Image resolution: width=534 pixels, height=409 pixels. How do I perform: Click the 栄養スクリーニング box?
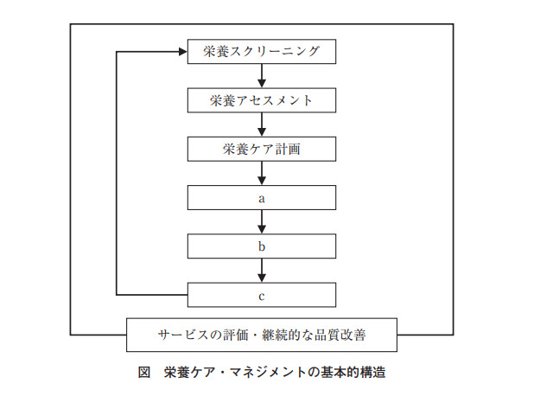(262, 51)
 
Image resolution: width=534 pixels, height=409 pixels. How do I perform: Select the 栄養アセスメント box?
(262, 100)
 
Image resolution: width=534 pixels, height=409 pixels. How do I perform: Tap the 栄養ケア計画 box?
(262, 149)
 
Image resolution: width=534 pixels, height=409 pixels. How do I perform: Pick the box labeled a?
(262, 198)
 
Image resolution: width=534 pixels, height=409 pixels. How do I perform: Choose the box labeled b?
(262, 246)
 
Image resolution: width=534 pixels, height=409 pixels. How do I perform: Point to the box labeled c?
(262, 296)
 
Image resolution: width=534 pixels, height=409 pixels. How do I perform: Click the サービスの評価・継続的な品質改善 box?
(262, 334)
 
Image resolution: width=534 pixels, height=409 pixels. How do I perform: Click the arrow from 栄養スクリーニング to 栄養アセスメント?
(262, 76)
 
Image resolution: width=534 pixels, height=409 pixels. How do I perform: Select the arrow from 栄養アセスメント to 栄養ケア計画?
(262, 125)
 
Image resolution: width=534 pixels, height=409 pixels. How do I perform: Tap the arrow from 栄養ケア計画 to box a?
(262, 174)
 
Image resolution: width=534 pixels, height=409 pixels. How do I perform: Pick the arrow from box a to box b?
(262, 222)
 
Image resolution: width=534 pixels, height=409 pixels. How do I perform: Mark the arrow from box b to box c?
(262, 272)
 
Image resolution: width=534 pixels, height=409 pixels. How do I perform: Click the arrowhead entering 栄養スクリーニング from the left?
(182, 52)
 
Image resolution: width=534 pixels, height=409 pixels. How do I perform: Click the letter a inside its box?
(262, 198)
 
